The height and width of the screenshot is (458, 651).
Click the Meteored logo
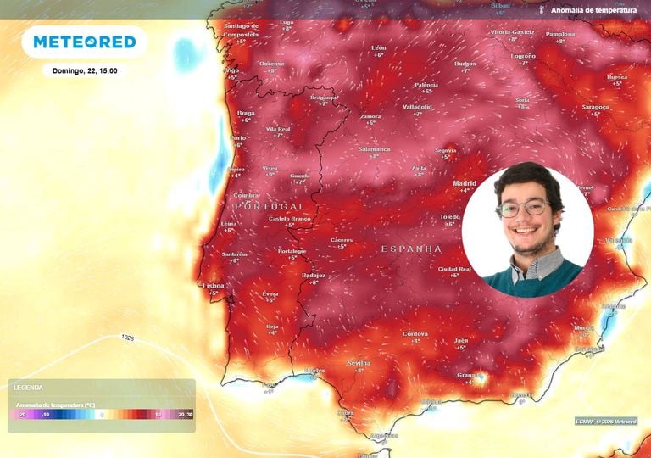(x=84, y=42)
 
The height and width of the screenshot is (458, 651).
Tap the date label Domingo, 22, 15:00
(x=84, y=71)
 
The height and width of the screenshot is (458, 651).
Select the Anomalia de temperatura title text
(x=593, y=10)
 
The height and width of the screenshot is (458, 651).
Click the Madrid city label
(x=465, y=183)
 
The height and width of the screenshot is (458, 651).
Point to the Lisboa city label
(x=214, y=286)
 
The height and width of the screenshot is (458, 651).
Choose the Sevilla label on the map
(x=359, y=363)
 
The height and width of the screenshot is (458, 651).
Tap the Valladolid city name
(x=417, y=107)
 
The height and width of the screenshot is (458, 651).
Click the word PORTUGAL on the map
(x=269, y=206)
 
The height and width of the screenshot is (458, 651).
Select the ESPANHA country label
(x=411, y=249)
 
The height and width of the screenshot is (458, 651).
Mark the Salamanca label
(x=374, y=149)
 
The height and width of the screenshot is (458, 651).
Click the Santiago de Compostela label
(x=241, y=30)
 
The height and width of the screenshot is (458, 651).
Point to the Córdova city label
(x=415, y=333)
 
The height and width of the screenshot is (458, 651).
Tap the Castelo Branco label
(x=289, y=219)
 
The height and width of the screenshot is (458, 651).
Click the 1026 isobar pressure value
(x=127, y=338)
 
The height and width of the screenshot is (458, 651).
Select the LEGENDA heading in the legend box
(x=28, y=388)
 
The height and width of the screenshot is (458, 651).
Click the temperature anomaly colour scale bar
(x=103, y=415)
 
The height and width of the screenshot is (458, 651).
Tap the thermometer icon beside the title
(x=540, y=10)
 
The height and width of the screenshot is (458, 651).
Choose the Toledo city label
(x=449, y=217)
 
